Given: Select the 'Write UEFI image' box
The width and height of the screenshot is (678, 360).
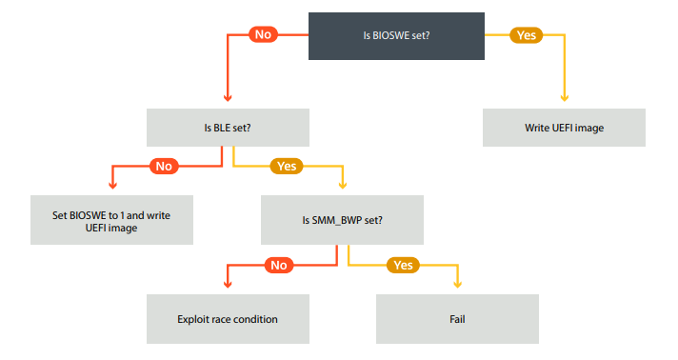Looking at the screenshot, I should (564, 127).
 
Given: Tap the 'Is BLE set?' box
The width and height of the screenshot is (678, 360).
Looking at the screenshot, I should (228, 127).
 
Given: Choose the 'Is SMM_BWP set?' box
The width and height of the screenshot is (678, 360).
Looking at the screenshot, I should (343, 219).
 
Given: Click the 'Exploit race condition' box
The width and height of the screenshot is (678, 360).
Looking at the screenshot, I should (228, 319).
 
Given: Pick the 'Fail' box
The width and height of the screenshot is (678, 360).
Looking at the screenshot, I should (458, 319).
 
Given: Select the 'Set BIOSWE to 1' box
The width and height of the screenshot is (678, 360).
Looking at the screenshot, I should (111, 219).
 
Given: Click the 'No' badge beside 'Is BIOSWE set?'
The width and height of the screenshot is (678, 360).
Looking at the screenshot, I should (263, 34).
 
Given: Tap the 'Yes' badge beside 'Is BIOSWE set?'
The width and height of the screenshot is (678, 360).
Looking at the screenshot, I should (525, 34).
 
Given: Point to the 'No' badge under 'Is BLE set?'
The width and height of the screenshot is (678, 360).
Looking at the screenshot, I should (163, 166).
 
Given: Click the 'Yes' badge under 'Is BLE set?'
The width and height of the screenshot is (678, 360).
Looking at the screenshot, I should (287, 166).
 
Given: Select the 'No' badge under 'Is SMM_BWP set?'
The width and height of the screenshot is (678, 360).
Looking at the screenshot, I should (278, 265).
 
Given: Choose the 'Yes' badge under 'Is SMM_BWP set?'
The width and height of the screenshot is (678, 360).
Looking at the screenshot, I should (403, 265).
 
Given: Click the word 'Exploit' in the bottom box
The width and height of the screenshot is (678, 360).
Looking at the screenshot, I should (193, 319).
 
